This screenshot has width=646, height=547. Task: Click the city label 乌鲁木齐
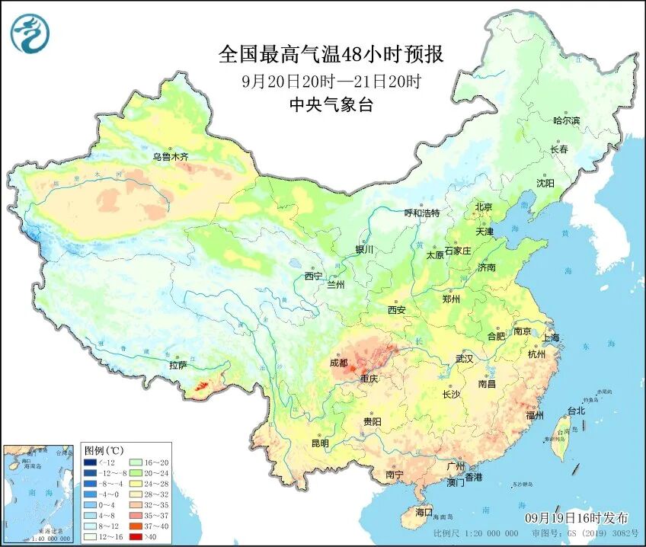pyautogui.click(x=170, y=157)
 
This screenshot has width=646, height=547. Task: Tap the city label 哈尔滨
pyautogui.click(x=566, y=120)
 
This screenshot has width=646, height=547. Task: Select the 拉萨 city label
pyautogui.click(x=177, y=365)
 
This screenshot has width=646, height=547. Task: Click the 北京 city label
pyautogui.click(x=484, y=206)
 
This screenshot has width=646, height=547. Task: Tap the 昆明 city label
pyautogui.click(x=320, y=443)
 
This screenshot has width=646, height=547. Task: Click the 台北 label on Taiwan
pyautogui.click(x=576, y=411)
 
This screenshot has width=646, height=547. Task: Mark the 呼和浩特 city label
pyautogui.click(x=421, y=213)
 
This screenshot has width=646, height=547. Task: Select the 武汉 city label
pyautogui.click(x=463, y=358)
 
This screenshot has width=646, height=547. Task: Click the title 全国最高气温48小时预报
pyautogui.click(x=331, y=55)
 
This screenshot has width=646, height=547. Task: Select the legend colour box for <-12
pyautogui.click(x=91, y=462)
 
